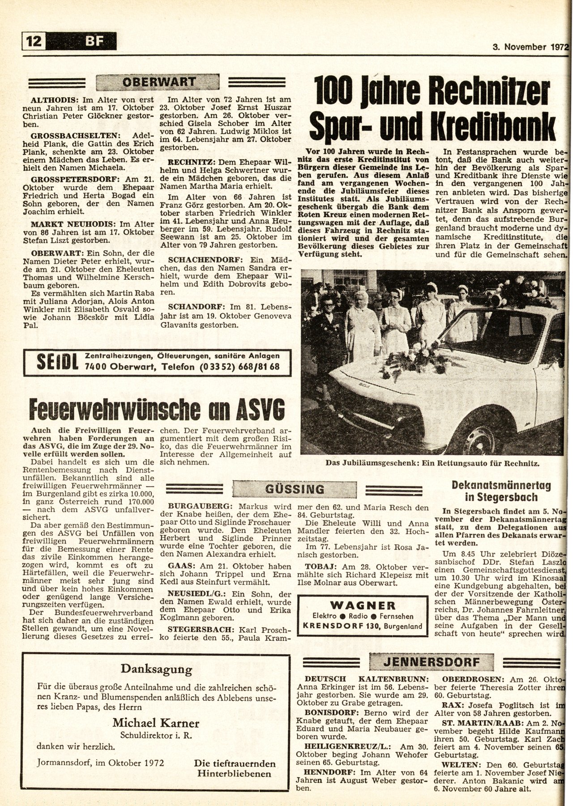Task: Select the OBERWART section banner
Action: coord(159,82)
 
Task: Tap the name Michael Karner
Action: coord(156,723)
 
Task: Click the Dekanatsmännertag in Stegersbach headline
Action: coord(501,491)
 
